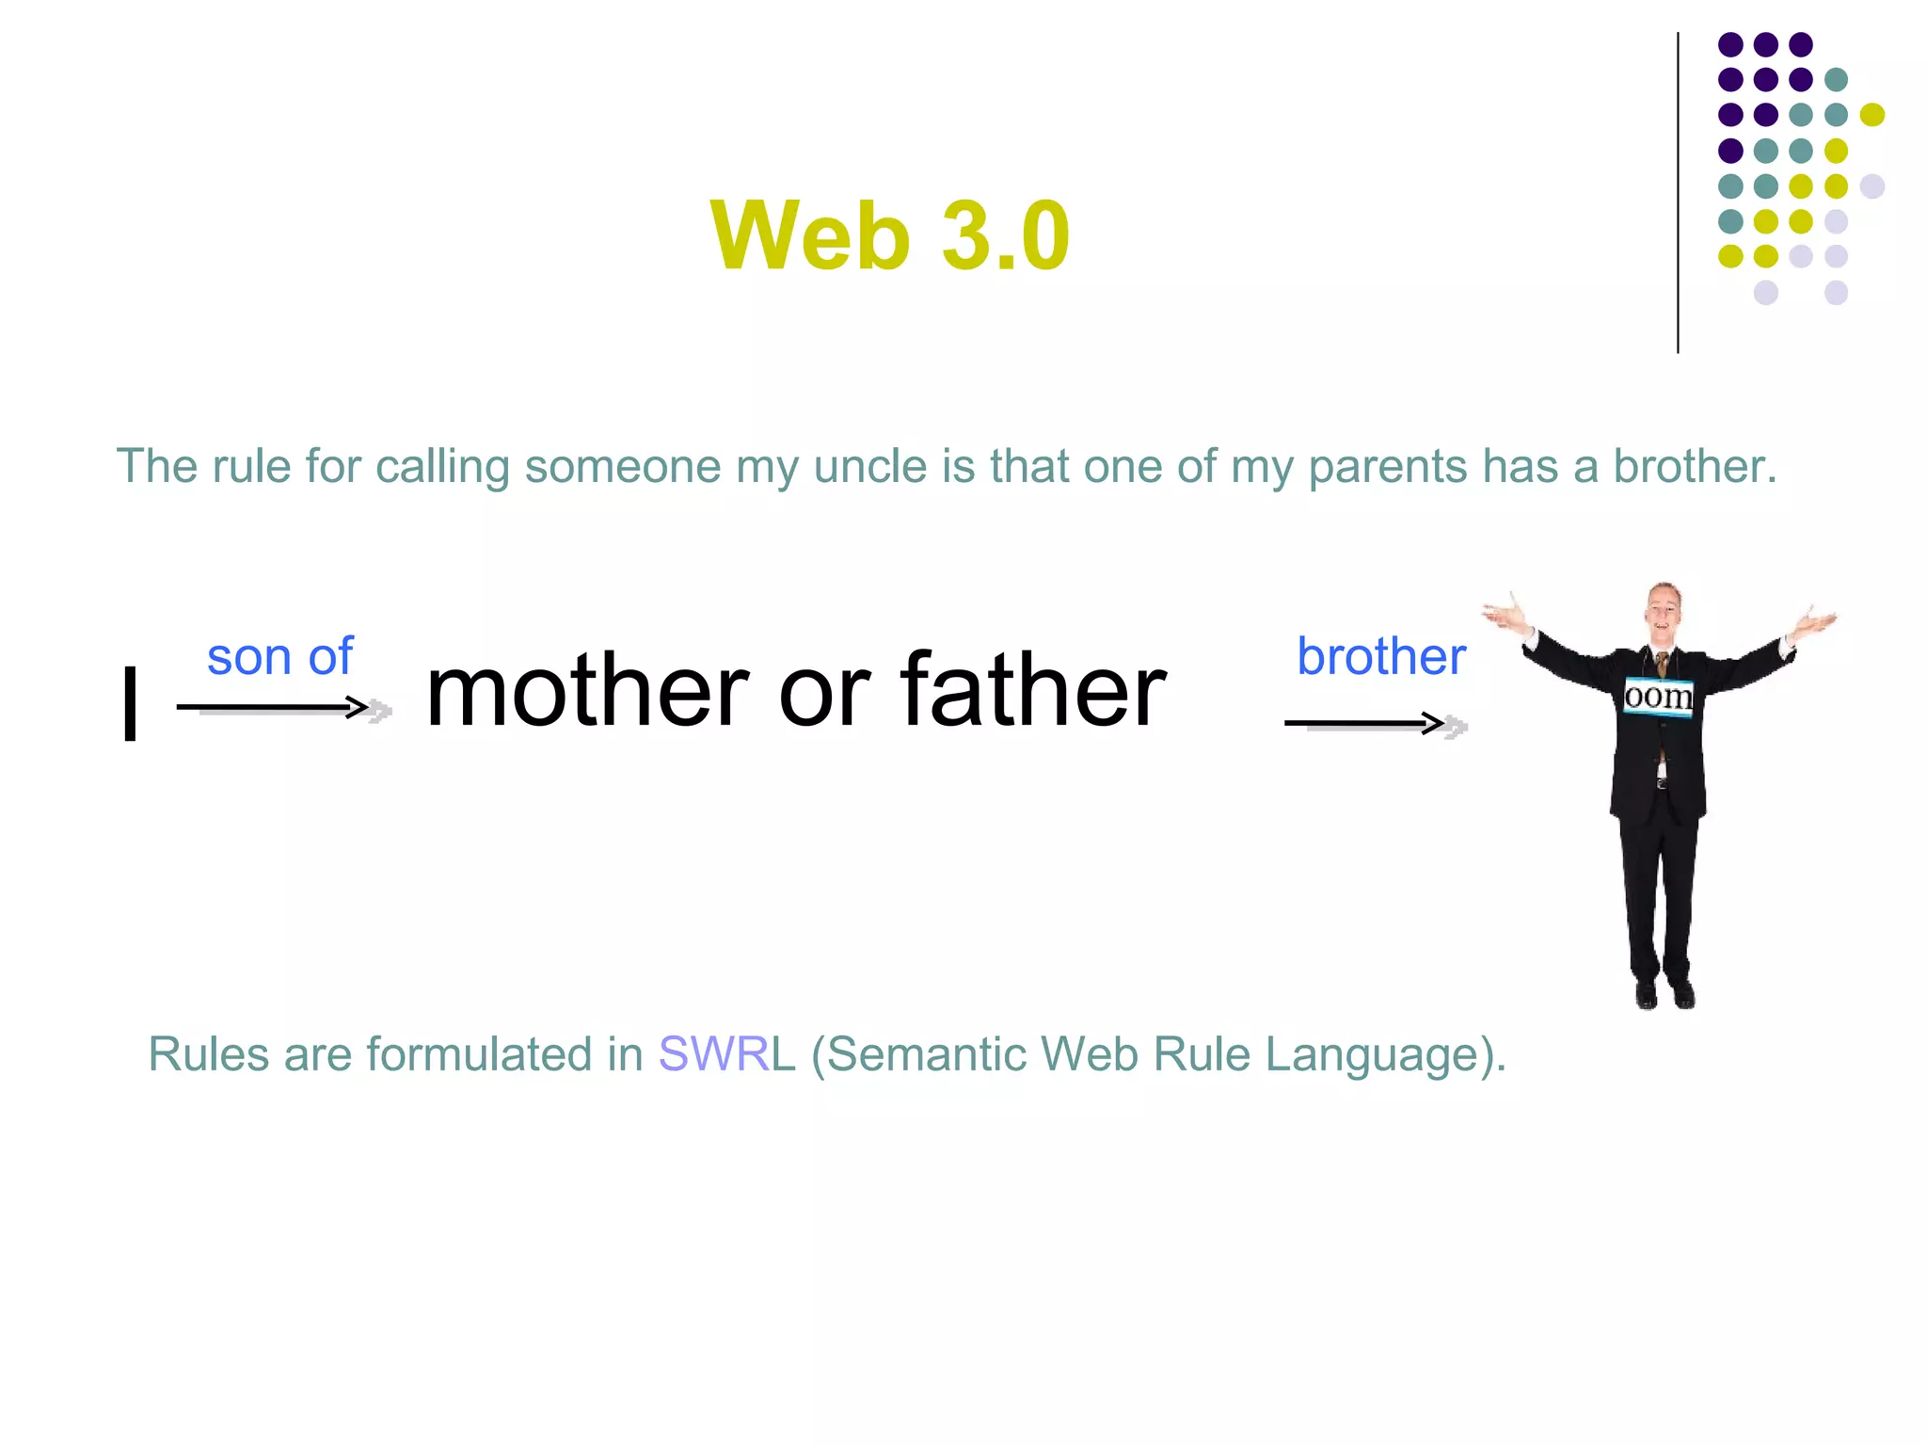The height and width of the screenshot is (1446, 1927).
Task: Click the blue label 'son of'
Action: [279, 656]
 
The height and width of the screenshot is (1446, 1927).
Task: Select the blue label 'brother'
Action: [1380, 656]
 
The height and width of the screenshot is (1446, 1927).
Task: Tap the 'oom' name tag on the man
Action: [1658, 697]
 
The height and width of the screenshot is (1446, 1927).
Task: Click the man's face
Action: [1664, 610]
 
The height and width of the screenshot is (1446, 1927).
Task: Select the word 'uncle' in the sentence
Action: [869, 466]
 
